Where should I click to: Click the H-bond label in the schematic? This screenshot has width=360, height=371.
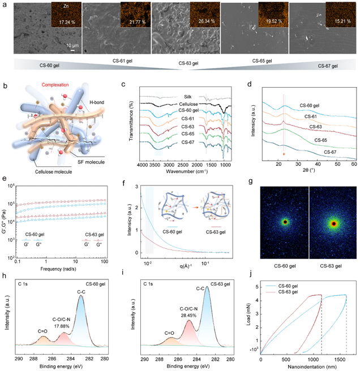click(106, 101)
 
